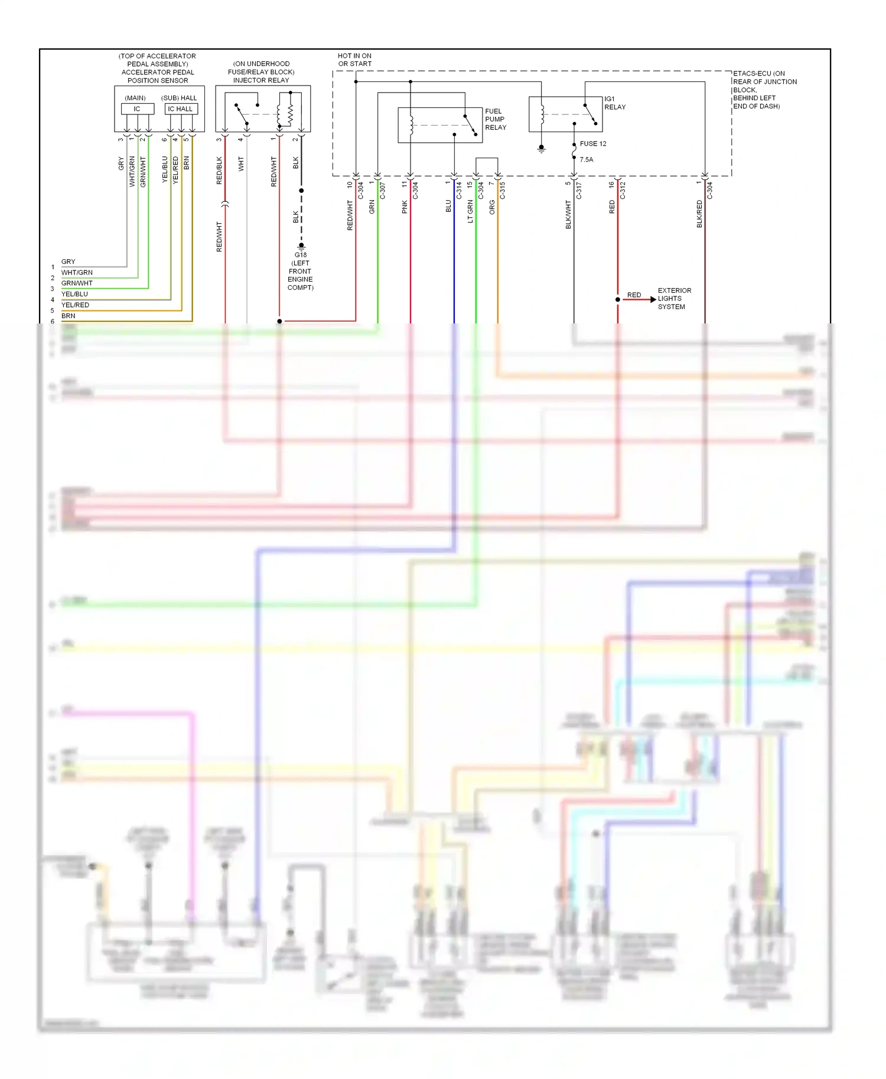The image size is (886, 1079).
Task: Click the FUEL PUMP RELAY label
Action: pyautogui.click(x=496, y=119)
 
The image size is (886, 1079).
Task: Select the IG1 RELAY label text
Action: pyautogui.click(x=614, y=103)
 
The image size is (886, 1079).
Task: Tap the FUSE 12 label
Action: pyautogui.click(x=592, y=144)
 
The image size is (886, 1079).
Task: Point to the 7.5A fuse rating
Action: pyautogui.click(x=586, y=160)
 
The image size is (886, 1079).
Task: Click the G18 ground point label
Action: pyautogui.click(x=301, y=255)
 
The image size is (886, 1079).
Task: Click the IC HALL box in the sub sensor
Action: pyautogui.click(x=180, y=109)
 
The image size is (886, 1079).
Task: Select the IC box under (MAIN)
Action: pyautogui.click(x=137, y=109)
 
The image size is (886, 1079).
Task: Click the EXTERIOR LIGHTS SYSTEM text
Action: pyautogui.click(x=674, y=299)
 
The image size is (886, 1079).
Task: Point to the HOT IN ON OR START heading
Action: pyautogui.click(x=354, y=60)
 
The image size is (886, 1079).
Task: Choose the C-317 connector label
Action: pyautogui.click(x=579, y=191)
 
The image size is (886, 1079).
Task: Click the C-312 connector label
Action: pyautogui.click(x=623, y=191)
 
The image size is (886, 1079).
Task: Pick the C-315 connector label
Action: pyautogui.click(x=503, y=191)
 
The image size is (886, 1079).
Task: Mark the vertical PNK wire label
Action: pyautogui.click(x=405, y=207)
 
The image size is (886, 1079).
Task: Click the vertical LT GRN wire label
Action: pyautogui.click(x=470, y=211)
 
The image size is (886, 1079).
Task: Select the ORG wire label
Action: pyautogui.click(x=492, y=207)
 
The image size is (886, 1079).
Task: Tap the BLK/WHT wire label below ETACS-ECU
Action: pyautogui.click(x=568, y=214)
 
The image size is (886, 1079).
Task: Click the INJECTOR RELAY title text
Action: pyautogui.click(x=261, y=80)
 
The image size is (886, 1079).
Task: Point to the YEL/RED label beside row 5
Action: pyautogui.click(x=75, y=305)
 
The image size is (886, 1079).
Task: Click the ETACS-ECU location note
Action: pyautogui.click(x=764, y=90)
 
